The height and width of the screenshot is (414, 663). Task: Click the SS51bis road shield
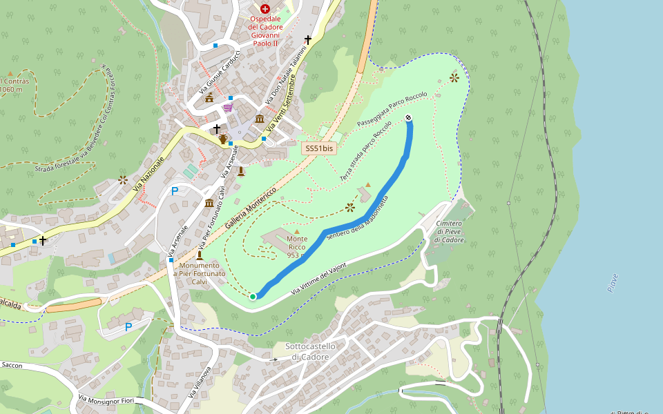[319, 148]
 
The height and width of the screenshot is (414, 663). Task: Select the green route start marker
[253, 297]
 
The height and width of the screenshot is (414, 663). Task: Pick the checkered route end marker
[409, 118]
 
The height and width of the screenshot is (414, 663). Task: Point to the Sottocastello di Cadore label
[310, 351]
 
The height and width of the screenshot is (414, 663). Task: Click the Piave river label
[613, 283]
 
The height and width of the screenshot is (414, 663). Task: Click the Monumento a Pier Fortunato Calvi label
[200, 274]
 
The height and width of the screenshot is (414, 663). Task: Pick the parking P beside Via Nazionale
[175, 191]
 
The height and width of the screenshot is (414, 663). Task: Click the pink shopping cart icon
[227, 108]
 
